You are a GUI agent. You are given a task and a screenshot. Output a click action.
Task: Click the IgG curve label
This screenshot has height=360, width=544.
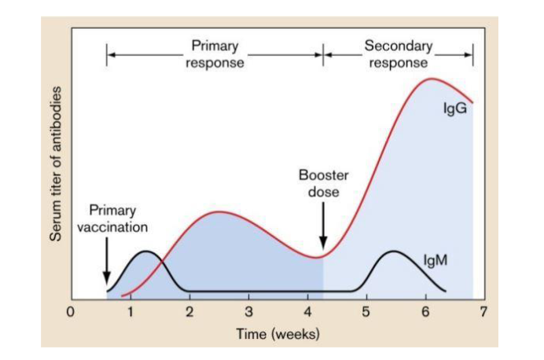454,108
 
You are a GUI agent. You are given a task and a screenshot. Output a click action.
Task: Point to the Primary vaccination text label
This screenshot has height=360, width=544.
112,219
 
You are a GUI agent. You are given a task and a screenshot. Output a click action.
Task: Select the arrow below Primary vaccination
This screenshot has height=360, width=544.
106,267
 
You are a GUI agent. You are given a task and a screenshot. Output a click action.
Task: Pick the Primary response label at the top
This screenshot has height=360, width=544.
215,54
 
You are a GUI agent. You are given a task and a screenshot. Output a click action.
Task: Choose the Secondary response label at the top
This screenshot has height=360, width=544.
398,54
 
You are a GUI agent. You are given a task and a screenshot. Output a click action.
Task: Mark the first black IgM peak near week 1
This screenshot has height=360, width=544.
145,252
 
